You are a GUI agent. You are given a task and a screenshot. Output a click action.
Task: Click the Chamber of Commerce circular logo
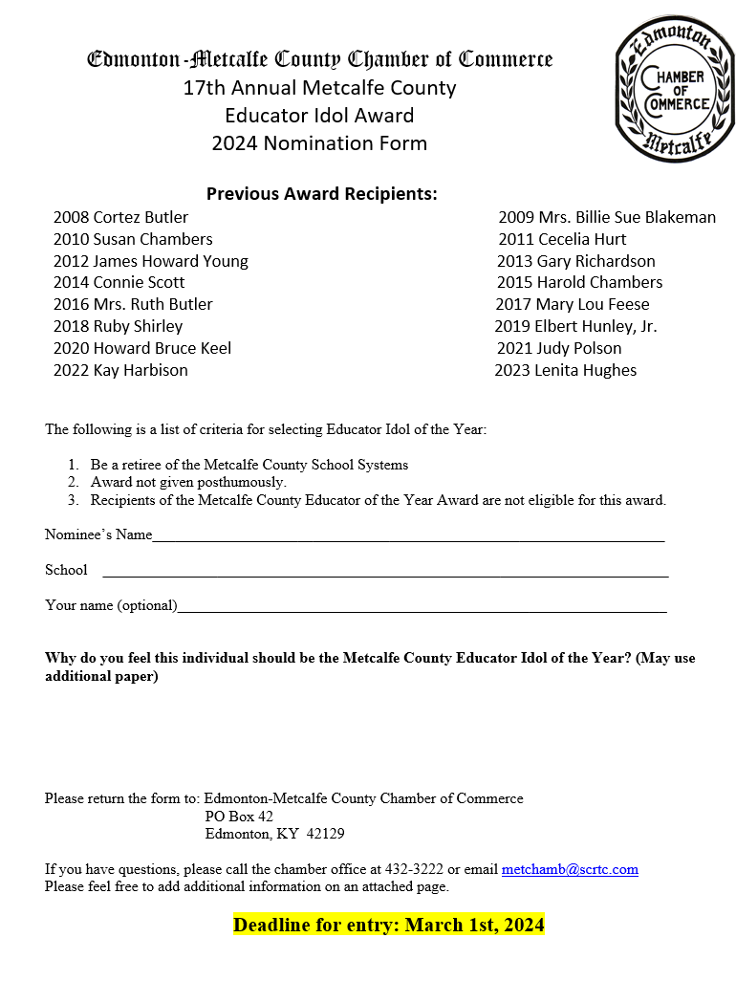677,89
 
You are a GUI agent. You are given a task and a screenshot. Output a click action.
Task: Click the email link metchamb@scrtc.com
570,869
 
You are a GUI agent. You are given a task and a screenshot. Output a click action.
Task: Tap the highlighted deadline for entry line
388,925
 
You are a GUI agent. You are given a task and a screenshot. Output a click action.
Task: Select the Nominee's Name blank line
408,536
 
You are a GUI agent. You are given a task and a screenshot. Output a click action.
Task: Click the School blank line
384,572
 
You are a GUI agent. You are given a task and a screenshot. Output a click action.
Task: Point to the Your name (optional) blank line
422,607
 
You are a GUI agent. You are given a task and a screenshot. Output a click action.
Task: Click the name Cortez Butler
141,217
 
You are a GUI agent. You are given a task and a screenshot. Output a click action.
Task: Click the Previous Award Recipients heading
322,193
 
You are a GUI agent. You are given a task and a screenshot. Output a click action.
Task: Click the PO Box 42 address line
239,816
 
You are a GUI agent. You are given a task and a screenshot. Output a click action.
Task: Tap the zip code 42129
325,833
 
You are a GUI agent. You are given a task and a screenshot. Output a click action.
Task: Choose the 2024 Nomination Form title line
319,143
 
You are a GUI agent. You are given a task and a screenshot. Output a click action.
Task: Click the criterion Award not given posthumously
188,482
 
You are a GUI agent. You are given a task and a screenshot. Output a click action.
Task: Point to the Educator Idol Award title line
319,116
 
